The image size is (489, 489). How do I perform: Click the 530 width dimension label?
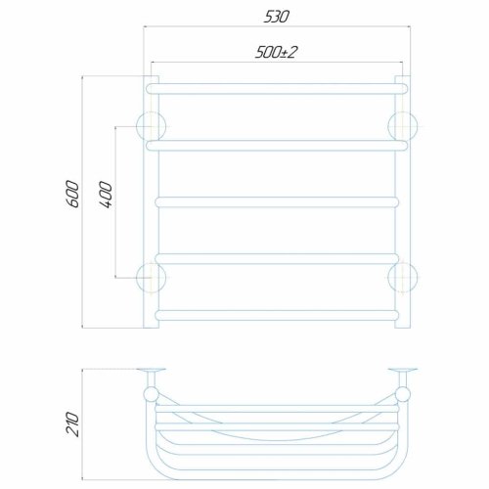276,17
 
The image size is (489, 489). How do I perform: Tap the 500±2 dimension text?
276,52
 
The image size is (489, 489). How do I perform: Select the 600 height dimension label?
72,194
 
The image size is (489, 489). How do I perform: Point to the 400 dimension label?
106,195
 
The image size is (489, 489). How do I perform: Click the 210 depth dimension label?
72,424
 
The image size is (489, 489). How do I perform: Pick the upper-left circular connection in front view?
151,126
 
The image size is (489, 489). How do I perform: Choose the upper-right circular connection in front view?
403,126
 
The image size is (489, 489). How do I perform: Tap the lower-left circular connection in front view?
151,278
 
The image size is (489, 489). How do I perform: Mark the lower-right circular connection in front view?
403,278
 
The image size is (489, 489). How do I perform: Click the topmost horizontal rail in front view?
277,89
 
